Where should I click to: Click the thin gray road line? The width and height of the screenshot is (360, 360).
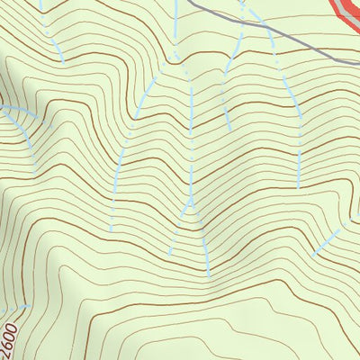pos(270,35)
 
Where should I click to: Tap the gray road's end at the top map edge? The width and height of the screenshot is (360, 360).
pos(191,1)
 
